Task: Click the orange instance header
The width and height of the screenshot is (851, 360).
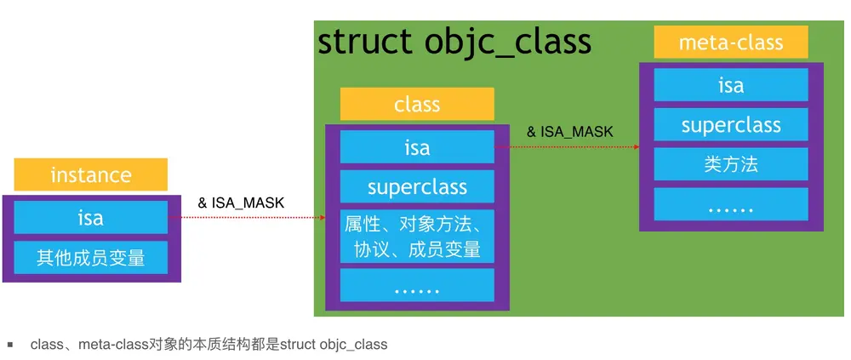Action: point(91,174)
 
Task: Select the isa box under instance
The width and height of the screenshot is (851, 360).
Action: point(91,217)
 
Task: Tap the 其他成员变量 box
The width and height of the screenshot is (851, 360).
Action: point(91,257)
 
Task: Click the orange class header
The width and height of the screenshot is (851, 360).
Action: point(417,104)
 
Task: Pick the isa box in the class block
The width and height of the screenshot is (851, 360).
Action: point(417,146)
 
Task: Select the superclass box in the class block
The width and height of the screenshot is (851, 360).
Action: point(417,186)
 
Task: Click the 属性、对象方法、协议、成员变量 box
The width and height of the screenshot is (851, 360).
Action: point(417,237)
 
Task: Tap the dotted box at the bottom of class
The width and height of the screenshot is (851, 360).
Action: point(417,285)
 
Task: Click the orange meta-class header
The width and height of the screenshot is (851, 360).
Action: point(731,42)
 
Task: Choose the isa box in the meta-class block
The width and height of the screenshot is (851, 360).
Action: point(731,85)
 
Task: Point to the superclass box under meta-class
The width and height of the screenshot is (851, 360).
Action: point(731,124)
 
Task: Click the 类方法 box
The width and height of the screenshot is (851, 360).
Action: point(731,164)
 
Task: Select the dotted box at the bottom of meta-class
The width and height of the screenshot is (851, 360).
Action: point(731,204)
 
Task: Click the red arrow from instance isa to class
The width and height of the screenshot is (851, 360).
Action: point(247,218)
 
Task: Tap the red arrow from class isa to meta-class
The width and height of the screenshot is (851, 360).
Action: point(567,146)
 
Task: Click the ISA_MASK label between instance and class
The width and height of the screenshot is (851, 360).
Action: point(241,203)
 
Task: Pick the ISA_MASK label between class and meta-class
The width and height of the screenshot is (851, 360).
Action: point(570,131)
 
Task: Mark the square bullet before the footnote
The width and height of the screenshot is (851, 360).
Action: point(10,344)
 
